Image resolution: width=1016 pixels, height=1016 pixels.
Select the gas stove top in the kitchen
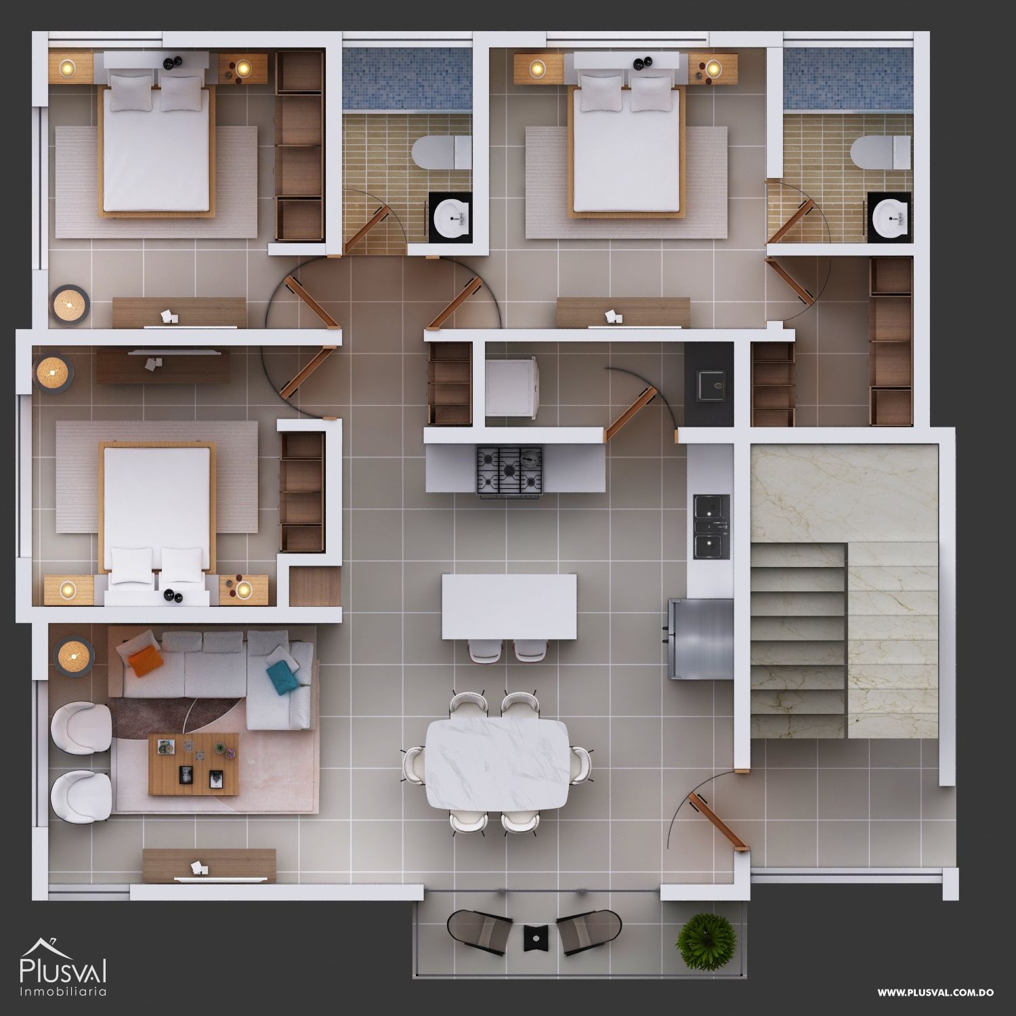click(x=510, y=469)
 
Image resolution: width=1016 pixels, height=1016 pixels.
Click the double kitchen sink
click(x=711, y=528)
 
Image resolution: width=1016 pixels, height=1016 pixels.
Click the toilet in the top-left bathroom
click(x=441, y=153)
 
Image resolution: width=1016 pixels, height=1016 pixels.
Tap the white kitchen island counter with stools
click(x=509, y=607)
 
